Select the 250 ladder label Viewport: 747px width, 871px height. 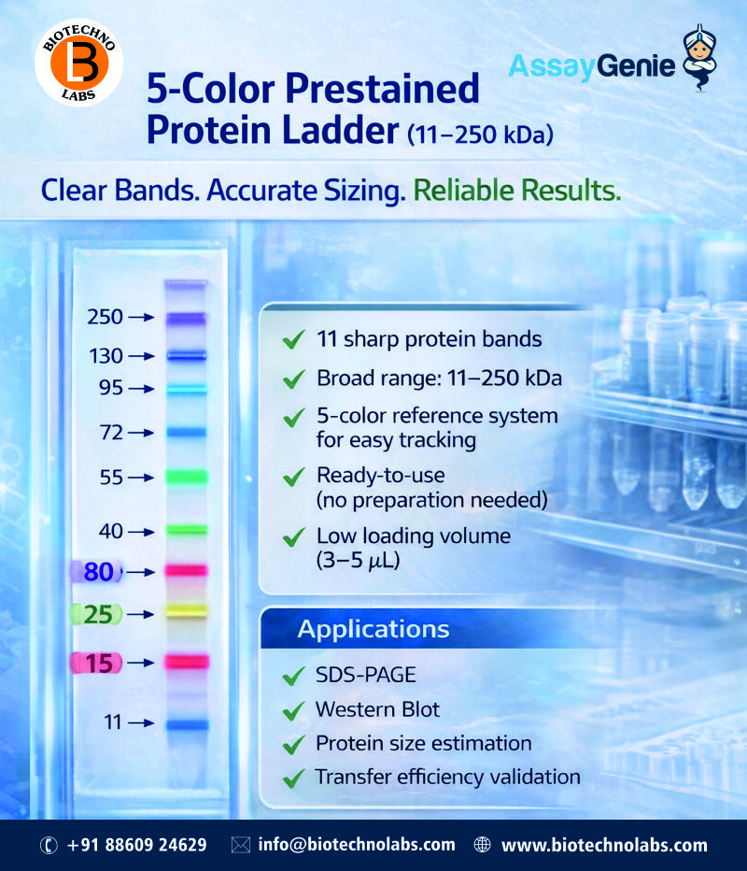click(105, 318)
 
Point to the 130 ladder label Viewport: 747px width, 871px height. click(105, 356)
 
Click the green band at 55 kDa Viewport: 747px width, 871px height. click(186, 477)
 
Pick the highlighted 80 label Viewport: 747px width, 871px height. click(97, 571)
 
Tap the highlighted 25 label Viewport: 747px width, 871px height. click(97, 614)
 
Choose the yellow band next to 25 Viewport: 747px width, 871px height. click(186, 612)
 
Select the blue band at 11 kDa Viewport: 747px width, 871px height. click(186, 722)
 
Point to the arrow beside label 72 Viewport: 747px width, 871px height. click(141, 433)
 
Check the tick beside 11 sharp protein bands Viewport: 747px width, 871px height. click(294, 340)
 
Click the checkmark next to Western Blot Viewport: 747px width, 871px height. click(294, 710)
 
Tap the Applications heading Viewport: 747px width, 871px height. click(373, 629)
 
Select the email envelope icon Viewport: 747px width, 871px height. click(241, 845)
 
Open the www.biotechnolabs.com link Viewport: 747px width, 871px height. click(604, 845)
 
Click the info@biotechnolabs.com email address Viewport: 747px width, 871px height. click(357, 845)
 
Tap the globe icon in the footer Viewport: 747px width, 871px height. click(483, 845)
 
